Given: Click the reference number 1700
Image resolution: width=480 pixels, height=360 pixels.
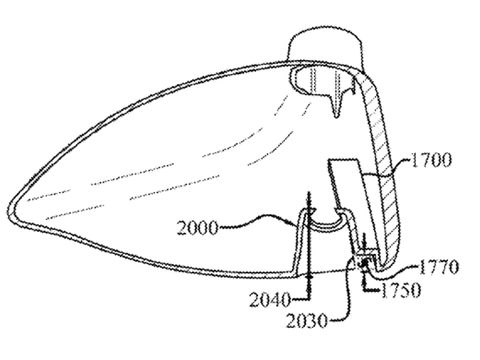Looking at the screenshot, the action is (x=431, y=160).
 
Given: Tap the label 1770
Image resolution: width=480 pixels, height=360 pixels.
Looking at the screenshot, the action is (x=439, y=267).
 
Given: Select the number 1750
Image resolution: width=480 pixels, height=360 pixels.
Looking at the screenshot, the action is (x=401, y=290).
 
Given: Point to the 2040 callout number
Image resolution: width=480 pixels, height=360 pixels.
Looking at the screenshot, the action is (x=270, y=300).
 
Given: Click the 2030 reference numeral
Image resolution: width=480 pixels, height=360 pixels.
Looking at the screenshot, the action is (x=307, y=321).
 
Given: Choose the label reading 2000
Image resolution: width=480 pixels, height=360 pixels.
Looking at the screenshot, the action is (x=198, y=227).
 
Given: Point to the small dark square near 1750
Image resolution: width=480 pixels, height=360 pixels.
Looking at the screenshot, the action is (x=365, y=262).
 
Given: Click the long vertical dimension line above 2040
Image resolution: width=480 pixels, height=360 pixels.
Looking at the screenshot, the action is (x=309, y=245).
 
